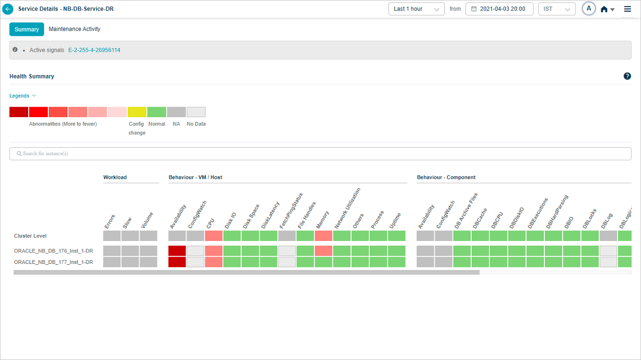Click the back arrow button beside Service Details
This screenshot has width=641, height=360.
[x=8, y=9]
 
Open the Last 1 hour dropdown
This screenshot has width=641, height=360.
[x=416, y=9]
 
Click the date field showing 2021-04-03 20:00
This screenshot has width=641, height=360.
[x=499, y=9]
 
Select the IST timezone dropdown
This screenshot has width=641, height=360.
[x=556, y=9]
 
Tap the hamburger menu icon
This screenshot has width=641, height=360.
[x=628, y=9]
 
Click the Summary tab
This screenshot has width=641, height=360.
[x=27, y=29]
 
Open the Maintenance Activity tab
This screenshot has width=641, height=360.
[x=75, y=29]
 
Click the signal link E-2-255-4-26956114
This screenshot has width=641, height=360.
[x=94, y=50]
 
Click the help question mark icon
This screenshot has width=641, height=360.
[x=627, y=76]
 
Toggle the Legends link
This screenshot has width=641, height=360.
[x=22, y=96]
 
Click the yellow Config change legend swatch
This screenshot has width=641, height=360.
[x=137, y=112]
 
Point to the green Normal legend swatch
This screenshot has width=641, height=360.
[x=156, y=112]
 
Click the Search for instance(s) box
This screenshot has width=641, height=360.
[x=320, y=153]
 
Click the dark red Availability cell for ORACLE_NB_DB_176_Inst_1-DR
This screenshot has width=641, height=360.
[x=177, y=251]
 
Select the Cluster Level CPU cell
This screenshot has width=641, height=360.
[x=213, y=236]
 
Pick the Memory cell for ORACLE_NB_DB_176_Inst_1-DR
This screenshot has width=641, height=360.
[x=323, y=251]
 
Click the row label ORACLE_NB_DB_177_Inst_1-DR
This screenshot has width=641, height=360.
[x=54, y=262]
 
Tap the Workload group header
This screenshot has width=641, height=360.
[x=115, y=177]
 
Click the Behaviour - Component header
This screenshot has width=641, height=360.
[x=446, y=177]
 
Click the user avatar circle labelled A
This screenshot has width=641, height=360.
[x=589, y=9]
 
